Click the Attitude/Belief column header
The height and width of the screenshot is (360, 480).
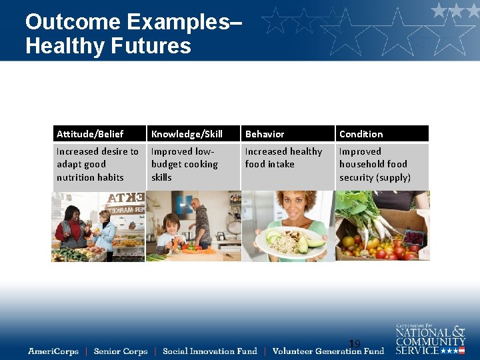click(90, 134)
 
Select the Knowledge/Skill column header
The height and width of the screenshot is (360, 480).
click(187, 134)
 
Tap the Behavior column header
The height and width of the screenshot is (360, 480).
click(265, 134)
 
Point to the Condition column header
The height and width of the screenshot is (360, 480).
click(361, 134)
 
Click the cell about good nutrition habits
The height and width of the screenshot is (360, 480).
click(98, 165)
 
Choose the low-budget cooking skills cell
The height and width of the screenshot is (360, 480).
click(185, 165)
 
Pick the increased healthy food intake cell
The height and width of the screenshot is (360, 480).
click(283, 158)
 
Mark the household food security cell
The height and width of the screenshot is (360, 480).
click(375, 165)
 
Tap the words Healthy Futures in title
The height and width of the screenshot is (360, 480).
click(108, 46)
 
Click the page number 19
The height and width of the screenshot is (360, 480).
click(355, 344)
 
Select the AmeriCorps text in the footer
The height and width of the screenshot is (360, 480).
click(53, 351)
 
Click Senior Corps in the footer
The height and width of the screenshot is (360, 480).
click(121, 351)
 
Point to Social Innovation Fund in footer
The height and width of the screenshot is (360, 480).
click(209, 351)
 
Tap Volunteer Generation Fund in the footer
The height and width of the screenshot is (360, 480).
click(328, 351)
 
